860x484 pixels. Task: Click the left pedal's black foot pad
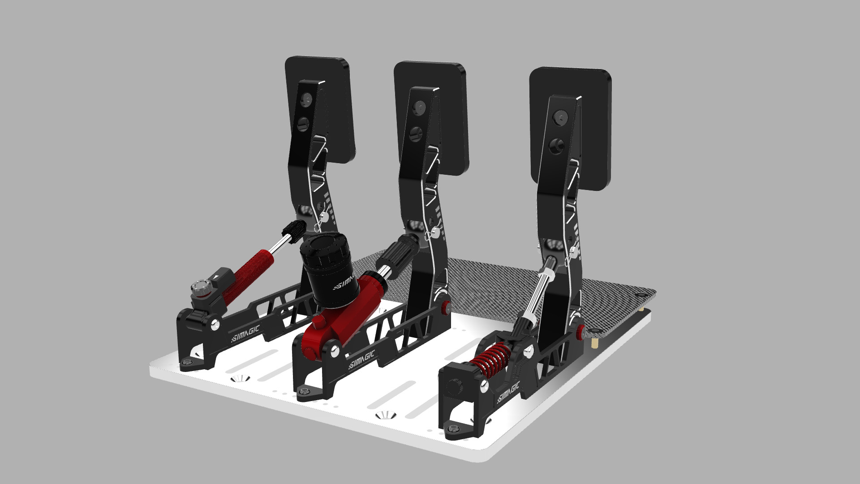click(x=340, y=112)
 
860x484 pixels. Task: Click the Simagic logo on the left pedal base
click(x=245, y=334)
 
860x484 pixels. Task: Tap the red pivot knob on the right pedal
click(x=580, y=331)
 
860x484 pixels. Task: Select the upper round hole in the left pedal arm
click(x=307, y=99)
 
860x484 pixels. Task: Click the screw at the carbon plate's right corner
click(x=640, y=295)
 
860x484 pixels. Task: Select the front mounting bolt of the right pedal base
click(x=453, y=429)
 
